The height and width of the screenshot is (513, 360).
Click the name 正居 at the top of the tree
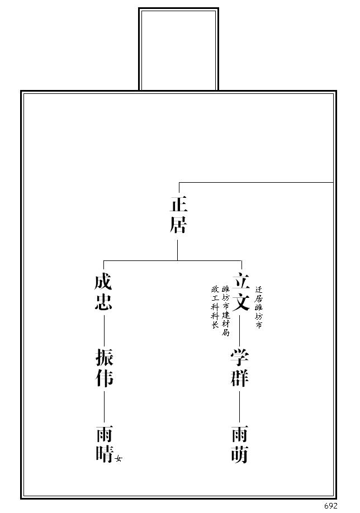click(x=178, y=215)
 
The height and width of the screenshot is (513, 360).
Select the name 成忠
click(x=103, y=292)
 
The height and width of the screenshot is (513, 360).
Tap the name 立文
click(x=241, y=292)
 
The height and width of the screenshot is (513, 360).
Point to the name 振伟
click(x=105, y=368)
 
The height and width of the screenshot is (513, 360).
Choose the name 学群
click(x=240, y=368)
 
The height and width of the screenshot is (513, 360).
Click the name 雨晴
click(x=105, y=444)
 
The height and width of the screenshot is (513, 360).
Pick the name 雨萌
click(x=240, y=444)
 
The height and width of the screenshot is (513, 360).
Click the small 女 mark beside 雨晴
click(x=119, y=459)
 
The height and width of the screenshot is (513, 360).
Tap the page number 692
click(x=330, y=506)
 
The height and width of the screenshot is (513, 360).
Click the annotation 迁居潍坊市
click(x=259, y=307)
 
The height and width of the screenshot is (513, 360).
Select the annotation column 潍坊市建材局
click(x=225, y=311)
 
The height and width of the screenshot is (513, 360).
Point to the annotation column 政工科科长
click(x=215, y=307)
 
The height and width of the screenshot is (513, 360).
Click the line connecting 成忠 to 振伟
click(x=104, y=330)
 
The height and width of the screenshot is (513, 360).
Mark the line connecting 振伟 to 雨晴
click(x=104, y=406)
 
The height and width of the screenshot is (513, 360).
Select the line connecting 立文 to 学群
click(x=240, y=330)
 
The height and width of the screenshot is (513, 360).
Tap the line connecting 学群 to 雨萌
click(x=240, y=406)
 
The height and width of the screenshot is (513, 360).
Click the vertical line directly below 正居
click(x=178, y=250)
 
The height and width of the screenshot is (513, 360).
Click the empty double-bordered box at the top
click(x=179, y=49)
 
